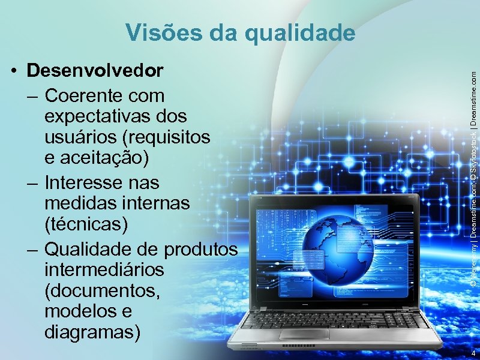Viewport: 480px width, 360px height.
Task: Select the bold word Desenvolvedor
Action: click(95, 71)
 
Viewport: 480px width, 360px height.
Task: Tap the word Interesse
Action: click(89, 181)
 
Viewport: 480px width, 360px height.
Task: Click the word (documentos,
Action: click(103, 290)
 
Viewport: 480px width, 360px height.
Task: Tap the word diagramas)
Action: click(93, 332)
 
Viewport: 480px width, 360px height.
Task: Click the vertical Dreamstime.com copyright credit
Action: click(473, 180)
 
